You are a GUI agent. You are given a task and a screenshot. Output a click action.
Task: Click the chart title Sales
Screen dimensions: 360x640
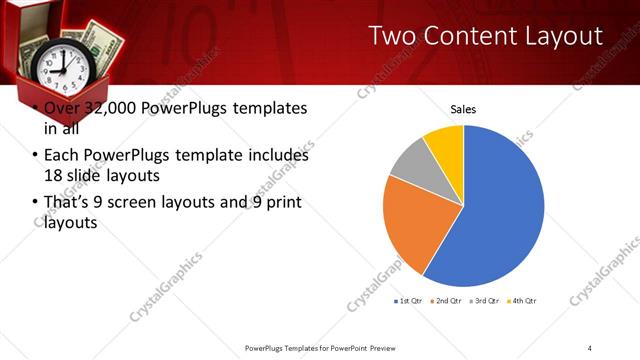[462, 109]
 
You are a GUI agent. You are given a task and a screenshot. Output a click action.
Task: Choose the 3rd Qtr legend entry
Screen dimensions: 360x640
[487, 301]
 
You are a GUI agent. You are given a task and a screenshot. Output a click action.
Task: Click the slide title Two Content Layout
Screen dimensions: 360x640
[485, 37]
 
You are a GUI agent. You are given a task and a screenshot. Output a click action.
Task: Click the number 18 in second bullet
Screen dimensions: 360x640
[53, 175]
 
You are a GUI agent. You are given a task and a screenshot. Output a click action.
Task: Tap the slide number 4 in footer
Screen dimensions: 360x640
[590, 347]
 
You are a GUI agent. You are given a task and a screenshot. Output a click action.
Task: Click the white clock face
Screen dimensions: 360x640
[59, 67]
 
